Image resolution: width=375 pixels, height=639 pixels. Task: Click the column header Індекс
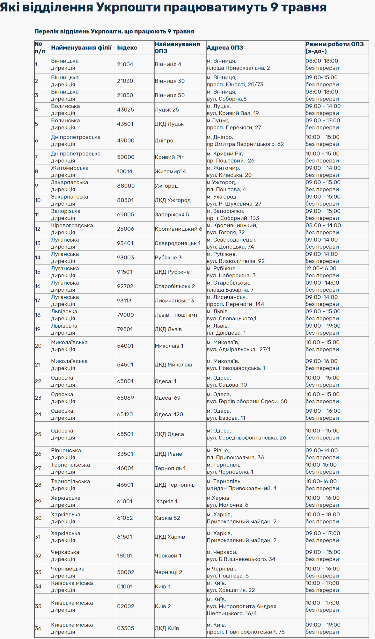pos(127,48)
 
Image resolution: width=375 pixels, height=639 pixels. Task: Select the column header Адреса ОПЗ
pos(224,48)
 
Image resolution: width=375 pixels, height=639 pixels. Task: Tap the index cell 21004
pos(125,64)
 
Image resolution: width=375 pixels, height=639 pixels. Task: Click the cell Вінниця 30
pos(170,81)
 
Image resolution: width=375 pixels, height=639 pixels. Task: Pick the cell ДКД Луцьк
pos(169,124)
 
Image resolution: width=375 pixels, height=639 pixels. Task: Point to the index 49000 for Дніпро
pos(126,141)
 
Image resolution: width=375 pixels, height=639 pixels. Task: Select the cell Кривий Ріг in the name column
pos(169,157)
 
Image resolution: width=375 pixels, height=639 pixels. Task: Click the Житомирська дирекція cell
pos(70,171)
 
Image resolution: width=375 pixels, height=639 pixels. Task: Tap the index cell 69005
pos(126,214)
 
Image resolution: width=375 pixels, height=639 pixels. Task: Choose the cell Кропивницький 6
pos(178,229)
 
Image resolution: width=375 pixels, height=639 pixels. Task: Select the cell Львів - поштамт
pos(176,315)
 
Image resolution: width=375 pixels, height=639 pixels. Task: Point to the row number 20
pos(38,346)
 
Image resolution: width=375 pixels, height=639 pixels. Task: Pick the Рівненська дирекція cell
pos(66,454)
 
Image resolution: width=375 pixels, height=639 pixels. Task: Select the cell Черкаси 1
pos(168,555)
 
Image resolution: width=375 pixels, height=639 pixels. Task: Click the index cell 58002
pos(126,572)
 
